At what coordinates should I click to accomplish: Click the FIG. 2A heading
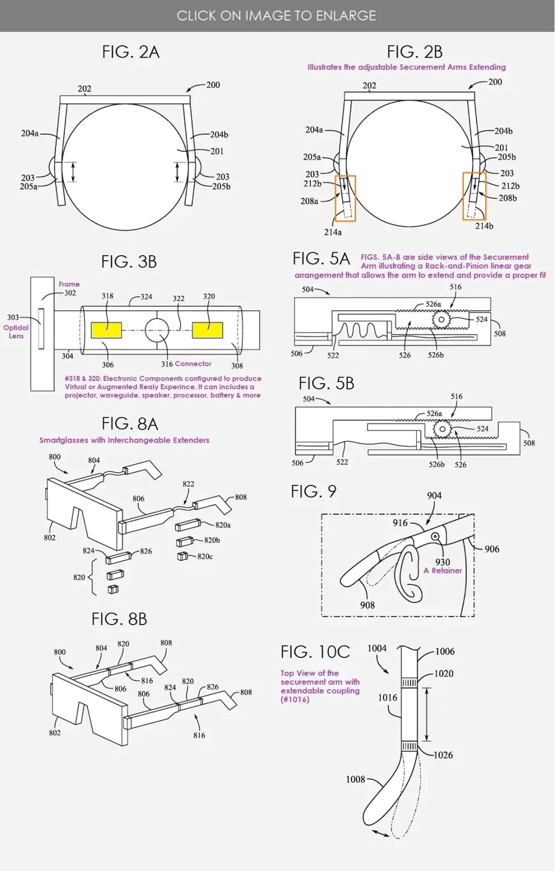point(130,52)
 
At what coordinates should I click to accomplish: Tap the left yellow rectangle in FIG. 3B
point(106,330)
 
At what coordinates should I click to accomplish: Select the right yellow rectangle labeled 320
point(208,330)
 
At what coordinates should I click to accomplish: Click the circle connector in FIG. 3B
point(157,330)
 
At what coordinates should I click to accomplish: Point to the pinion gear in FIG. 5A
point(441,320)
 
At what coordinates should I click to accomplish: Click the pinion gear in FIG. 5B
point(442,428)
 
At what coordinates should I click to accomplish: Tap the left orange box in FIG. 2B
point(345,198)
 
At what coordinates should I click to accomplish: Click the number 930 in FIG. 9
point(442,561)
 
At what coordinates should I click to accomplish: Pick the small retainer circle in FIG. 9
point(436,536)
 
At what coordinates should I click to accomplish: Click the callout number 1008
point(355,779)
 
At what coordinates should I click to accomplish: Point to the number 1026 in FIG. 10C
point(443,754)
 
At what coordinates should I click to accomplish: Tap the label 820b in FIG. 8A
point(212,540)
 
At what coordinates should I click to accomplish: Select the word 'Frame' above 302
point(69,284)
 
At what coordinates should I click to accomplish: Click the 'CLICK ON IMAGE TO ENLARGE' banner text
point(276,16)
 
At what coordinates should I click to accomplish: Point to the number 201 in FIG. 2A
point(216,151)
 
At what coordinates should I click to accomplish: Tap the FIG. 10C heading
point(315,651)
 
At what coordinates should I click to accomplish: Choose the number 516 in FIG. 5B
point(456,396)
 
